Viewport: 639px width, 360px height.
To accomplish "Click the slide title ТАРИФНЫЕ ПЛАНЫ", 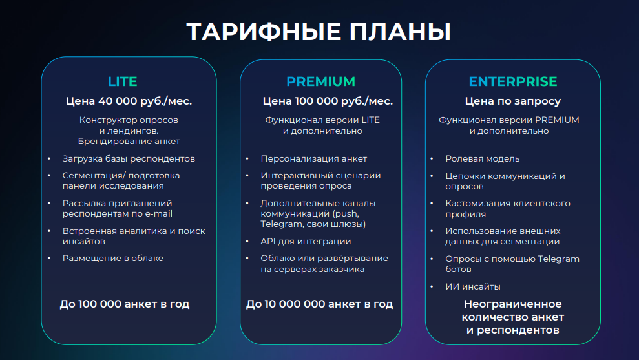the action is pos(319,32).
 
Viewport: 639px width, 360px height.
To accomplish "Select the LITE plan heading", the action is pos(122,81).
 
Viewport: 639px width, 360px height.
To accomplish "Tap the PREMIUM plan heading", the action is pos(320,81).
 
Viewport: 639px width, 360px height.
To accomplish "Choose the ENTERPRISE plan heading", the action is pos(512,81).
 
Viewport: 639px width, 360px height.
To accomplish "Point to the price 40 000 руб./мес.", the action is pos(145,101).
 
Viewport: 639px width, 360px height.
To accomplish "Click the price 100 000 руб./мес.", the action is pos(344,101).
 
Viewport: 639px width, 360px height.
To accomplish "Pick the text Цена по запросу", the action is pos(512,101).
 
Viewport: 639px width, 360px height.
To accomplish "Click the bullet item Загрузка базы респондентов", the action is pos(129,158).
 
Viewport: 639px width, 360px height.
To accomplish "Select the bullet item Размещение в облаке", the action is pos(113,258).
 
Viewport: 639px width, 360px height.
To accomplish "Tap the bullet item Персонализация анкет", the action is pos(314,158).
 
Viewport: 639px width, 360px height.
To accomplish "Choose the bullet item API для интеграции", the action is pos(306,241).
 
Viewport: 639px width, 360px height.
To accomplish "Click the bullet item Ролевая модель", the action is pos(483,158).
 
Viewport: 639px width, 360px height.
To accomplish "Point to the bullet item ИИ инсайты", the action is pos(473,286).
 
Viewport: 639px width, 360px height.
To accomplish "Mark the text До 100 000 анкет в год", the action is pos(125,304).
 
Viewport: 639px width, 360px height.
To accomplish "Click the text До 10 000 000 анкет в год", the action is pos(319,304).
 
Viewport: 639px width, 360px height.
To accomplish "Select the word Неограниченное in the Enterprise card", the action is pos(512,304).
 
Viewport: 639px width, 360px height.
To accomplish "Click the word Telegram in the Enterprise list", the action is pos(558,259).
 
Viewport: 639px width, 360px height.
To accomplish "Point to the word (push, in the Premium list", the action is pos(346,214).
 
